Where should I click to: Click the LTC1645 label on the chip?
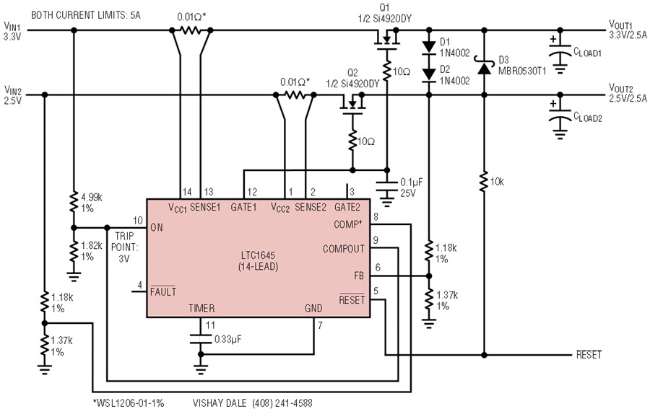pyautogui.click(x=259, y=255)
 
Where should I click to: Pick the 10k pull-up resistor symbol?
pyautogui.click(x=484, y=181)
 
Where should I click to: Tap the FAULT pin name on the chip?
pyautogui.click(x=163, y=291)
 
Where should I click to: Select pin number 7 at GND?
pyautogui.click(x=320, y=326)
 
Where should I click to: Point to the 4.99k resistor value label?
pyautogui.click(x=92, y=197)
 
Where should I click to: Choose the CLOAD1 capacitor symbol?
pyautogui.click(x=560, y=52)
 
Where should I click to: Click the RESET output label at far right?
pyautogui.click(x=589, y=355)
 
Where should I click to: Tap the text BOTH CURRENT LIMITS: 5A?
pyautogui.click(x=86, y=15)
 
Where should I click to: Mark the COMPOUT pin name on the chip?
pyautogui.click(x=344, y=249)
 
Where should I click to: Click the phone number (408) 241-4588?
pyautogui.click(x=282, y=403)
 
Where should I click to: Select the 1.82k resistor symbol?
pyautogui.click(x=74, y=251)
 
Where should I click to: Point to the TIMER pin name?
pyautogui.click(x=201, y=308)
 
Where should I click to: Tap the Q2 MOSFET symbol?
pyautogui.click(x=352, y=105)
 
